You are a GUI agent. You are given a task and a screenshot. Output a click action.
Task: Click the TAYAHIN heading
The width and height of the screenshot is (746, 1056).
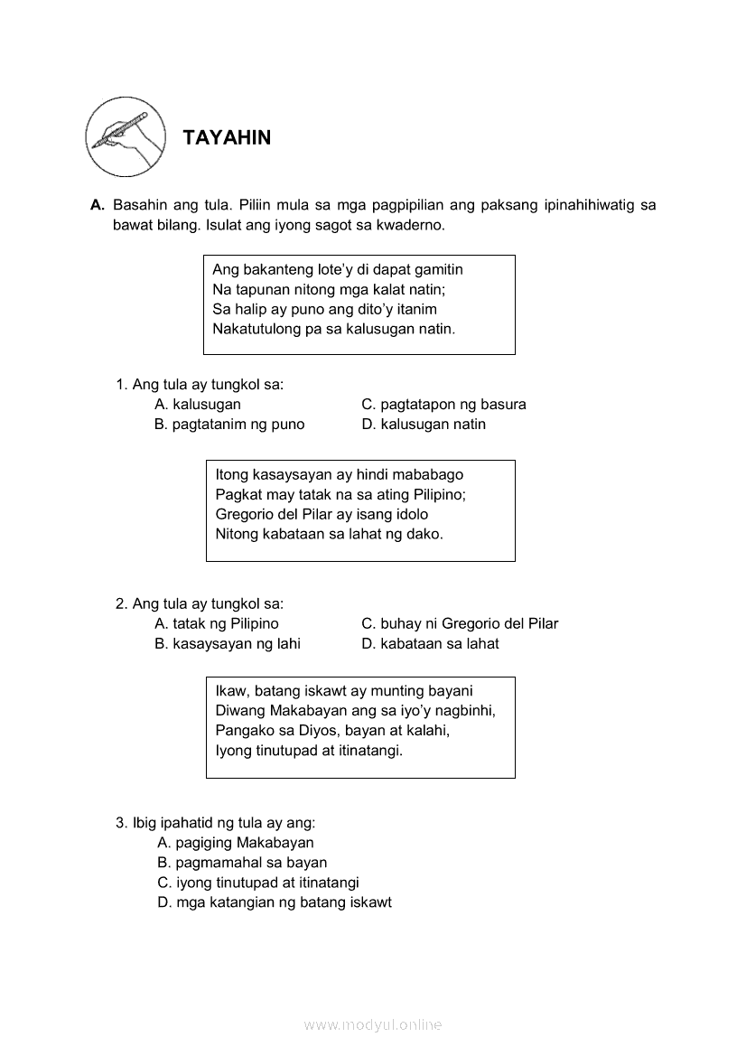click(x=227, y=137)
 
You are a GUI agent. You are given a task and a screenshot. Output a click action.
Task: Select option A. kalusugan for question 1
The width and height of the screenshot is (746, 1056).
click(x=198, y=404)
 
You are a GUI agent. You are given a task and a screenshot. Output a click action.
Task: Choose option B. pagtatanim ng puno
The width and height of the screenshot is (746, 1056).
click(x=229, y=424)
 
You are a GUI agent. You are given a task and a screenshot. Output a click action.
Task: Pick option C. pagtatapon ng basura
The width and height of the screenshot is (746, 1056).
click(x=443, y=404)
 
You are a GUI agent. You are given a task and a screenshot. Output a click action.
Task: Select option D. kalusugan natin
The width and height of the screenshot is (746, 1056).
click(x=424, y=424)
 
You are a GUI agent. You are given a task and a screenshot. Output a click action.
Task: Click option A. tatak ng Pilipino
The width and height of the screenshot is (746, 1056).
click(x=217, y=623)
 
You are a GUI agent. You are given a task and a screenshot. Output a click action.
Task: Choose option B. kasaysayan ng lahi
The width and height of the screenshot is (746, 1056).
click(x=228, y=643)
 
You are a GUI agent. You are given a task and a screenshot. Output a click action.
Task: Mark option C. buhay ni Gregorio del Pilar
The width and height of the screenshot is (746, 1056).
click(x=460, y=623)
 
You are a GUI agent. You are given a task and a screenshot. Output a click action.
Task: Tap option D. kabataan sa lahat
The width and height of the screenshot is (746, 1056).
click(x=430, y=643)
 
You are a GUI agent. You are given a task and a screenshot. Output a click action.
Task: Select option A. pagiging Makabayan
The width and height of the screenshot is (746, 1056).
click(x=236, y=843)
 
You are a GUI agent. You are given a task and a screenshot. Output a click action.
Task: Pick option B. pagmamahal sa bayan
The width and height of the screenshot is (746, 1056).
click(x=242, y=863)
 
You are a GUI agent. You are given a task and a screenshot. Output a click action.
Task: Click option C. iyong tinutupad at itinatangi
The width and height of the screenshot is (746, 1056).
click(x=258, y=883)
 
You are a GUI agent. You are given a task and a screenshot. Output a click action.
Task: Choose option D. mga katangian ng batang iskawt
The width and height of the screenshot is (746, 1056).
click(x=275, y=902)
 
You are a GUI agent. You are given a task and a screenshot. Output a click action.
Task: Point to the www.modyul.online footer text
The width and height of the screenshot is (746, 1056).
click(x=373, y=1024)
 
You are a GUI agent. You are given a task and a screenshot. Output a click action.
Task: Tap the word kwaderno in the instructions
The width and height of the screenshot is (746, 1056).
click(x=412, y=225)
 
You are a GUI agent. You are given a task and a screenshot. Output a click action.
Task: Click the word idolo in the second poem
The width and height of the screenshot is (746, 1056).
click(x=408, y=514)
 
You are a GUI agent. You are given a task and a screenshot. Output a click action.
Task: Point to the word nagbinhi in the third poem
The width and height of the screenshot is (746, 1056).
click(x=466, y=710)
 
